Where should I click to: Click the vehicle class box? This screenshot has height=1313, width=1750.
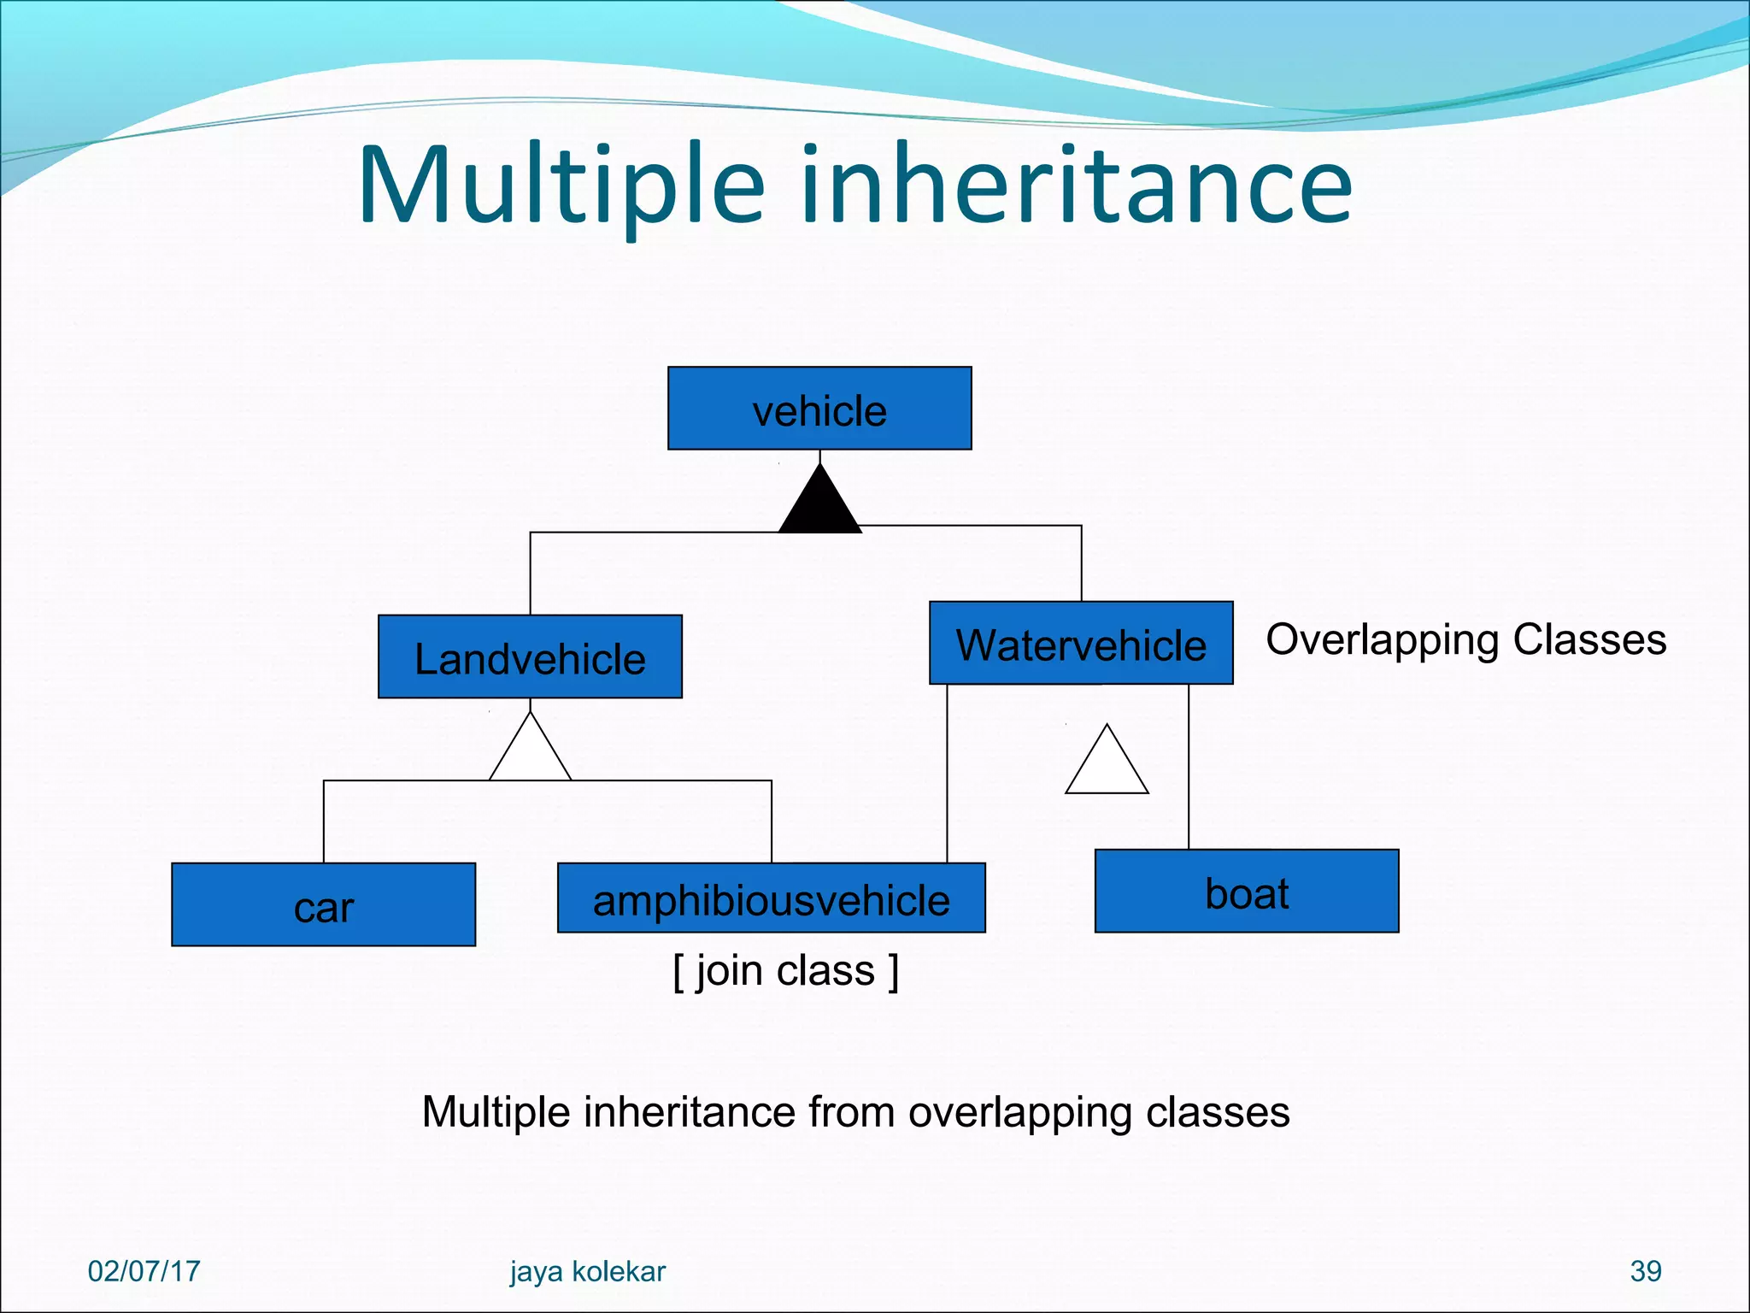coord(819,409)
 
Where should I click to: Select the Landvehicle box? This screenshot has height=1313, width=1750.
coord(530,656)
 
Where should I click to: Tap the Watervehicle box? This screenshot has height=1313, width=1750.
coord(1081,643)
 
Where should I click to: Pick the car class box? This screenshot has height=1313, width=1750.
coord(323,904)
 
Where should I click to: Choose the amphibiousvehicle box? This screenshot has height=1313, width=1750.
coord(771,898)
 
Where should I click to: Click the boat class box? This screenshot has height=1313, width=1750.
coord(1247,891)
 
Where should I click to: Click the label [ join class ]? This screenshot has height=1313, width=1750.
coord(785,971)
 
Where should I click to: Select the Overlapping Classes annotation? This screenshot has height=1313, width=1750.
coord(1465,639)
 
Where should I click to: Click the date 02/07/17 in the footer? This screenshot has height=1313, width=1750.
coord(144,1271)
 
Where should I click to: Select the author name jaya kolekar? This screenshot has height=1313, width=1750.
coord(588,1271)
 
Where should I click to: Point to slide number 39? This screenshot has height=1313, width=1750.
coord(1645,1271)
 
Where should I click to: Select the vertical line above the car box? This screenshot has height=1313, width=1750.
coord(324,821)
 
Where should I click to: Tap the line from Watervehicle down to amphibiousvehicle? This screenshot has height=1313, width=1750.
coord(947,774)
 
